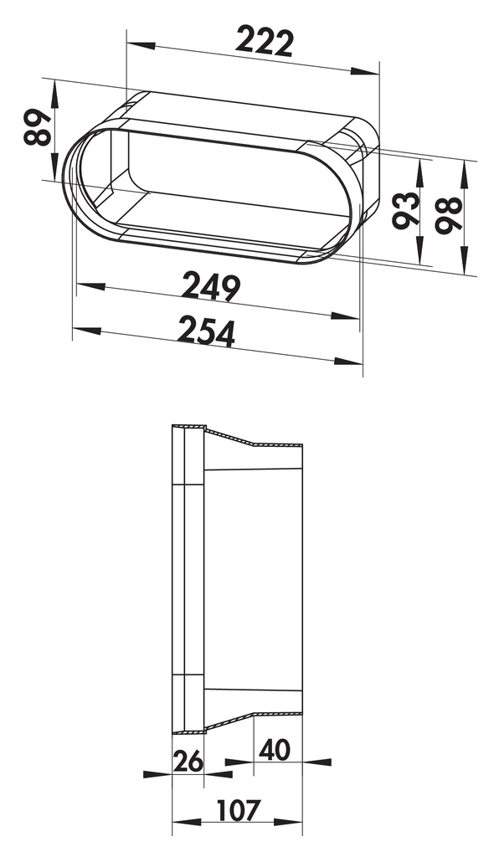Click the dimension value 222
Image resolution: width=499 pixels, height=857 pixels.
pyautogui.click(x=265, y=42)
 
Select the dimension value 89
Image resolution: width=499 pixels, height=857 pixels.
pyautogui.click(x=39, y=127)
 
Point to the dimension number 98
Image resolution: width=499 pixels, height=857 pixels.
pyautogui.click(x=450, y=215)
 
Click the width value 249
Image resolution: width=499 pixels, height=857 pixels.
pyautogui.click(x=211, y=288)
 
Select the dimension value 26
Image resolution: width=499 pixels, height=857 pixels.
pyautogui.click(x=188, y=762)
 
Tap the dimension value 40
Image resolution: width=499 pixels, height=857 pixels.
pyautogui.click(x=275, y=751)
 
